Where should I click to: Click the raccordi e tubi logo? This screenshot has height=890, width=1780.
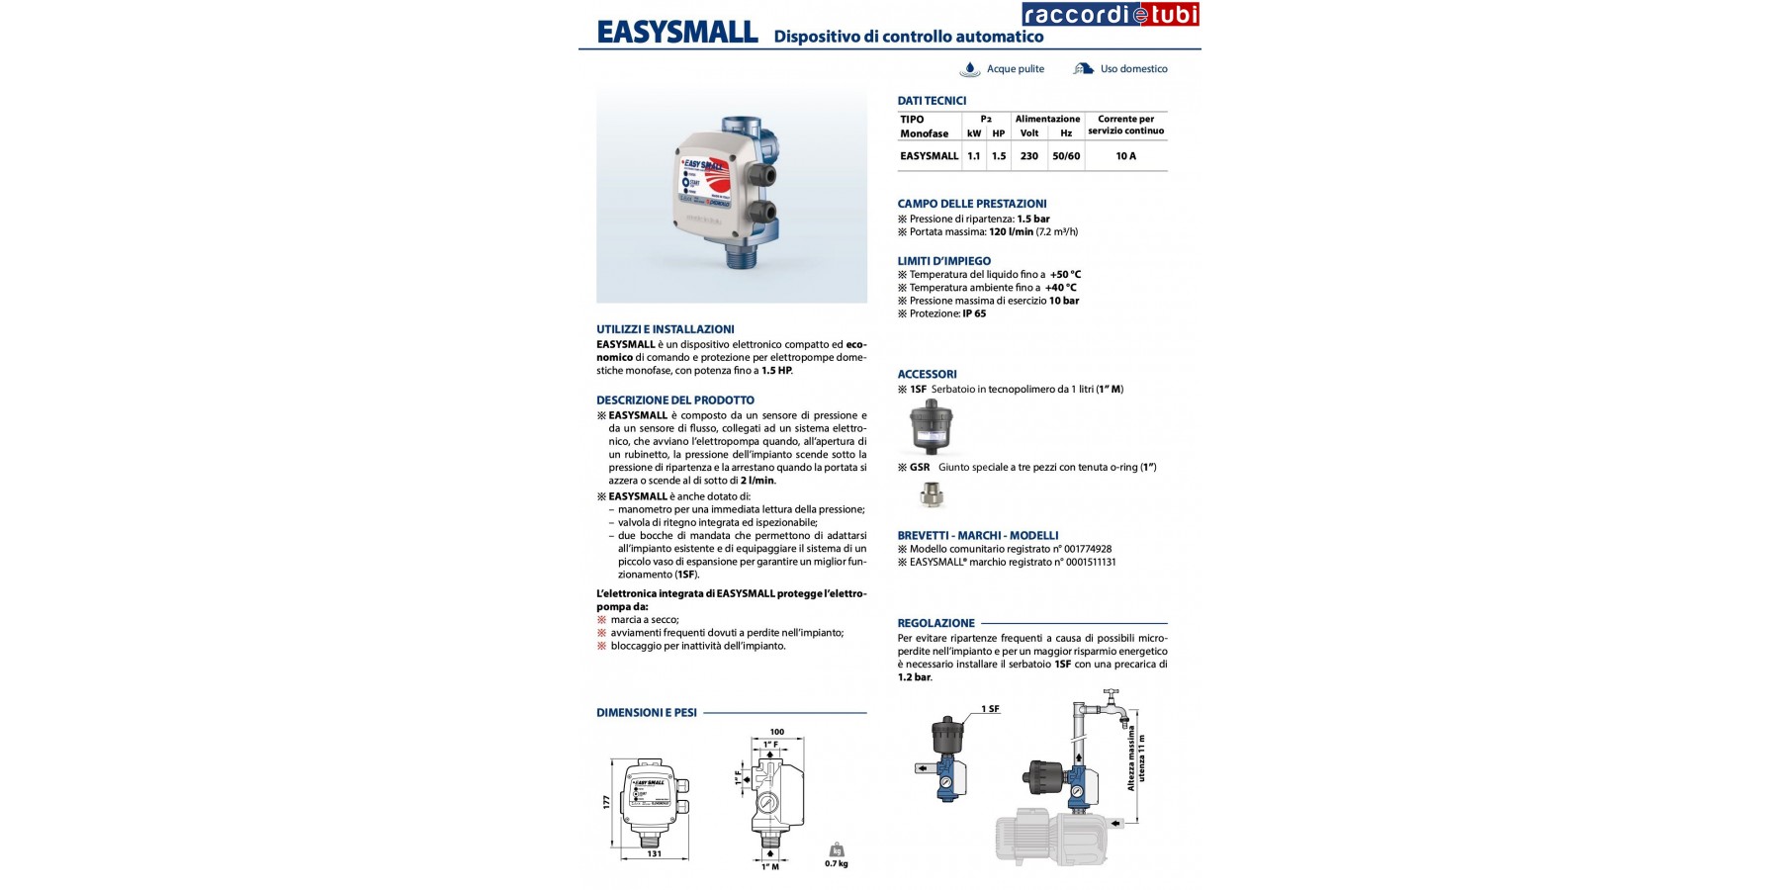[x=1111, y=14]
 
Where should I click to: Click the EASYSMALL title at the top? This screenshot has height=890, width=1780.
[x=677, y=33]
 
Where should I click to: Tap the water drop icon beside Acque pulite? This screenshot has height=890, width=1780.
[x=970, y=69]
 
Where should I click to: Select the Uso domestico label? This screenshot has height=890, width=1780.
[x=1133, y=69]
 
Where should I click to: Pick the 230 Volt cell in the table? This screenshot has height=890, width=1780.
[x=1029, y=156]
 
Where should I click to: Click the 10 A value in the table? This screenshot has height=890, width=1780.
[x=1125, y=156]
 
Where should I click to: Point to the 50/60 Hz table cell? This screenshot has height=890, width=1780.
[x=1066, y=156]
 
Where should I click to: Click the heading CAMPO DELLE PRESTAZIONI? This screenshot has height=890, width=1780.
[x=972, y=204]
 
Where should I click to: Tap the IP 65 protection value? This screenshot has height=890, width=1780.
[x=974, y=313]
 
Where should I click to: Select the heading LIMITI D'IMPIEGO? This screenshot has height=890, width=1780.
[x=943, y=261]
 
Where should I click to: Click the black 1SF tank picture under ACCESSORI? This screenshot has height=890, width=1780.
[x=931, y=426]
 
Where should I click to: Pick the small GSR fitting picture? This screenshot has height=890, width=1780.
[x=932, y=494]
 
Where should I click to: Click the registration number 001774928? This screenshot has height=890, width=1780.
[x=1088, y=549]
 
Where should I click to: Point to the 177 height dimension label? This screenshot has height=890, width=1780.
[x=607, y=802]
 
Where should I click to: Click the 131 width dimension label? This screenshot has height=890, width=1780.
[x=654, y=853]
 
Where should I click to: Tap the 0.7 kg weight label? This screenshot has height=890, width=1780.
[x=837, y=863]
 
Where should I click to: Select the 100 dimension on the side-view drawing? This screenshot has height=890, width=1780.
[x=776, y=733]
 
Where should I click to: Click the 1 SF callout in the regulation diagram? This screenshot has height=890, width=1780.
[x=990, y=709]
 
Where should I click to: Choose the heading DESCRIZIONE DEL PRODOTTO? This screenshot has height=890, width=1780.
[x=675, y=400]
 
